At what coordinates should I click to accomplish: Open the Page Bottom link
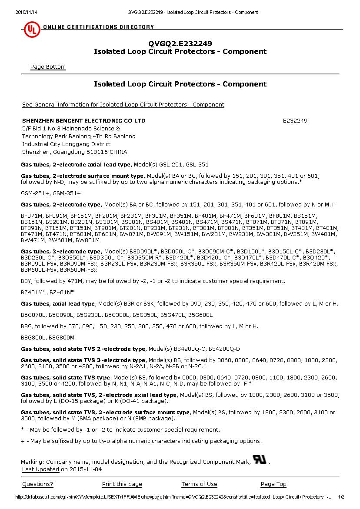[48, 67]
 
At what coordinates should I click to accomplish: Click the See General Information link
[123, 105]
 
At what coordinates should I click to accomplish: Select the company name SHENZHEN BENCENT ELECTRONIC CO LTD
[83, 121]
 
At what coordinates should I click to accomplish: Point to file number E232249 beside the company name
[295, 121]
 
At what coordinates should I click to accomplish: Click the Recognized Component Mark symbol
[260, 460]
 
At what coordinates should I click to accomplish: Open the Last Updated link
[40, 469]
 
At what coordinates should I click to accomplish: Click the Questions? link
[37, 484]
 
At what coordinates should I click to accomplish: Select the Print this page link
[122, 484]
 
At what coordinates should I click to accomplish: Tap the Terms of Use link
[199, 484]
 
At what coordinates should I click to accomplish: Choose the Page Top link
[273, 484]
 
